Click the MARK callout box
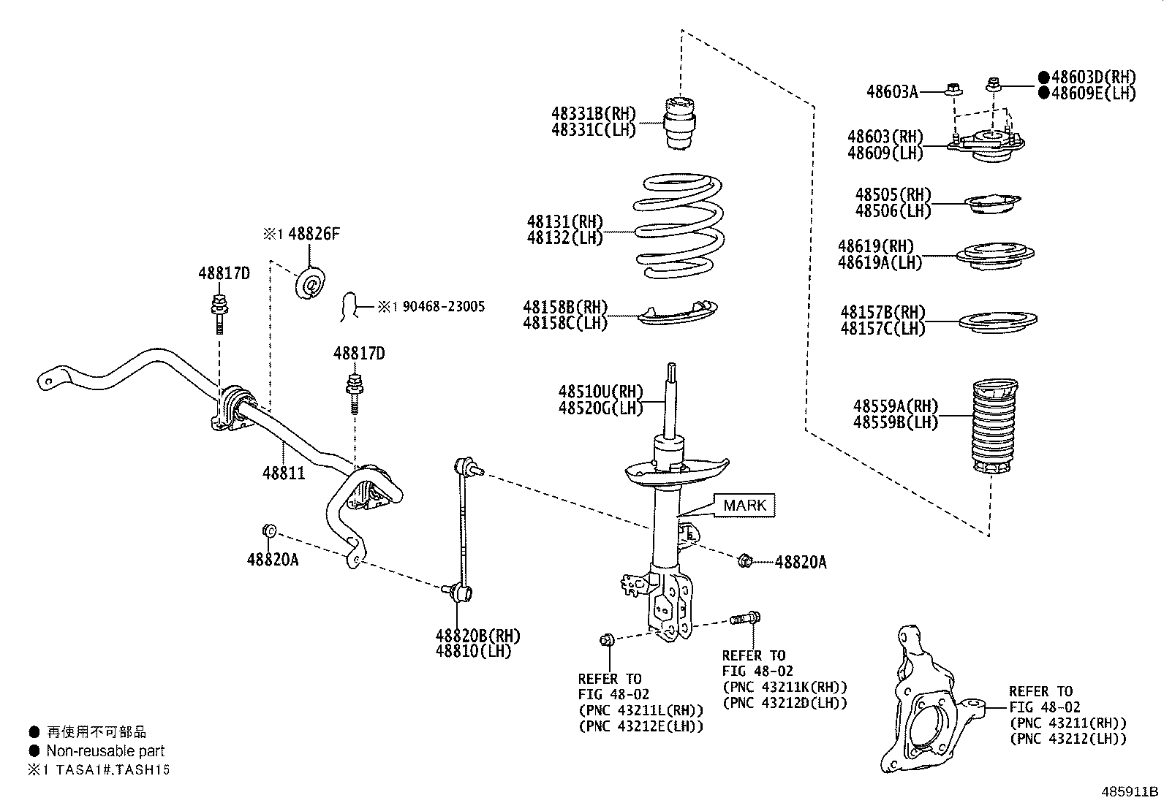point(744,505)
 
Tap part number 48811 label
point(284,473)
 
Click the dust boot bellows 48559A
point(993,427)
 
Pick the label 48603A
point(891,91)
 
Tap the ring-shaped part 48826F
point(311,283)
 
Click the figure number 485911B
point(1130,791)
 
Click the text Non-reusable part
point(105,750)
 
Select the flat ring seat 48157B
point(997,320)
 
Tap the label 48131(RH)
point(564,221)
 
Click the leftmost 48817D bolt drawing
point(218,311)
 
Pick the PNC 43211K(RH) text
point(785,687)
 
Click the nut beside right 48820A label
point(745,561)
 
